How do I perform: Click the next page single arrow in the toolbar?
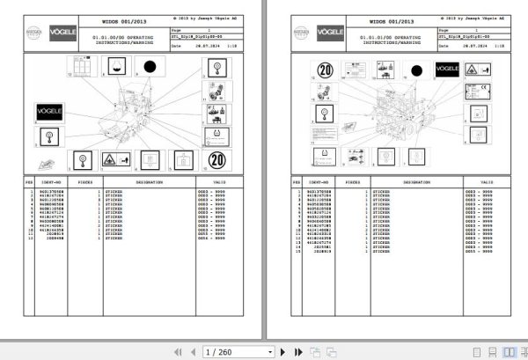pyautogui.click(x=268, y=351)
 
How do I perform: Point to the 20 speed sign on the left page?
pyautogui.click(x=218, y=161)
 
